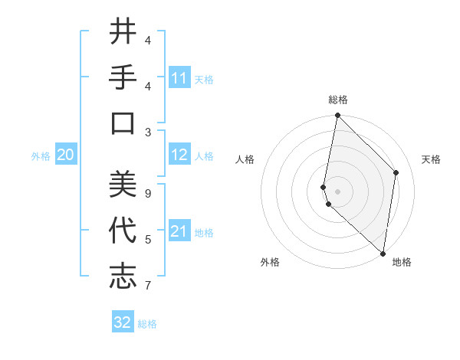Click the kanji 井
(x=123, y=33)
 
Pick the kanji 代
(x=123, y=230)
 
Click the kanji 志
(x=123, y=276)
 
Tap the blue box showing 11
(x=179, y=77)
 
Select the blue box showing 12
(x=179, y=155)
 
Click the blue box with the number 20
(x=66, y=155)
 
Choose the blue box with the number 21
(x=179, y=231)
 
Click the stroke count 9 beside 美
(x=147, y=194)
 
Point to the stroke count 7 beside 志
(x=147, y=286)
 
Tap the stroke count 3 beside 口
(x=147, y=132)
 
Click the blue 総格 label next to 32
(x=147, y=324)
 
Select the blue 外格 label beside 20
(x=41, y=156)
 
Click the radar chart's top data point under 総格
(x=337, y=116)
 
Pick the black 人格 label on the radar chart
(x=245, y=159)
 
